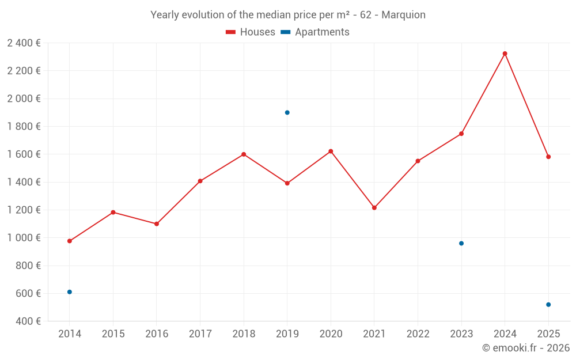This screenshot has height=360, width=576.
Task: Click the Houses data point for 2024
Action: click(505, 54)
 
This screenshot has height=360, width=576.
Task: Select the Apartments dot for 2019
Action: click(287, 112)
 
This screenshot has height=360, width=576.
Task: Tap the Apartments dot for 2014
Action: click(70, 292)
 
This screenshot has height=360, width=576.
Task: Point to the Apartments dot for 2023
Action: click(461, 243)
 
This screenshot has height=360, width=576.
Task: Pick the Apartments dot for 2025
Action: click(548, 305)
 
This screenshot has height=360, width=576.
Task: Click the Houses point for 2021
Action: click(374, 207)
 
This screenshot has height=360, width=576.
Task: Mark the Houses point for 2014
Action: click(70, 241)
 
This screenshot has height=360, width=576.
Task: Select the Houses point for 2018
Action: click(244, 154)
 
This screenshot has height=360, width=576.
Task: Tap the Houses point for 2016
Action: click(157, 223)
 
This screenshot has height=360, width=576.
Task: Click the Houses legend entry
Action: click(251, 32)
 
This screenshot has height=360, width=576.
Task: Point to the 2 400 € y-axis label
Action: click(24, 43)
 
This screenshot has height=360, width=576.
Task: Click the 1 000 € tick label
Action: click(24, 238)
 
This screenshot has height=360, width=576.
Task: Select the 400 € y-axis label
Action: click(28, 321)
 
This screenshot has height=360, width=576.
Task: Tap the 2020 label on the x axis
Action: click(331, 334)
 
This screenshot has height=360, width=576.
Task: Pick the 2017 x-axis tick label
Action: click(200, 334)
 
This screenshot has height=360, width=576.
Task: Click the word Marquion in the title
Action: click(403, 15)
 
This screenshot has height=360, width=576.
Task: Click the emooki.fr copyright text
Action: click(526, 348)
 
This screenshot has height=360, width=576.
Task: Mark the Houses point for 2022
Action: click(418, 161)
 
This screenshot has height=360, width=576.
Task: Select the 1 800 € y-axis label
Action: click(24, 127)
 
